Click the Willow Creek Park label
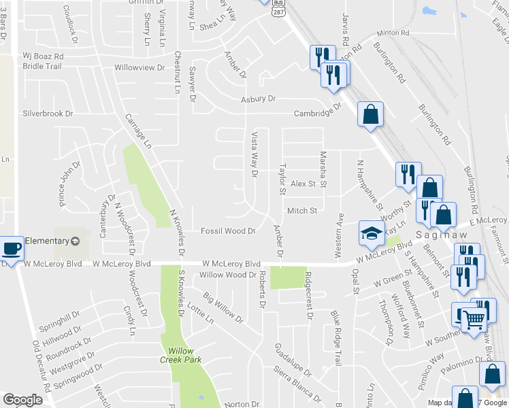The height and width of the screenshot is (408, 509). pos(185,354)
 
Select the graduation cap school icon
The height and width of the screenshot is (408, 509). pos(372,235)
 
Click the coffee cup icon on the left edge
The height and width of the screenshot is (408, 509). pos(11,249)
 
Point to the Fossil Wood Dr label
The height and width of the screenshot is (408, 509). pos(228,231)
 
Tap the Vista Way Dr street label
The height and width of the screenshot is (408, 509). pos(255,154)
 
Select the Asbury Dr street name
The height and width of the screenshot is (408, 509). pos(259,99)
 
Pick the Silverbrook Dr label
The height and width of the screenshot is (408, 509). pos(48,114)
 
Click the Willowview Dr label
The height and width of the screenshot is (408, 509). pos(139,68)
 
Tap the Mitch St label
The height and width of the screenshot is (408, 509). pos(302,211)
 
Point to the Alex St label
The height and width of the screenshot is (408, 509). pos(303,184)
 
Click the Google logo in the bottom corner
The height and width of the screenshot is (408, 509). pos(22,400)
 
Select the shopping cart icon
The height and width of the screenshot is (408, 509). pos(475,318)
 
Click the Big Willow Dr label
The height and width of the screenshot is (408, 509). pos(223,307)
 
